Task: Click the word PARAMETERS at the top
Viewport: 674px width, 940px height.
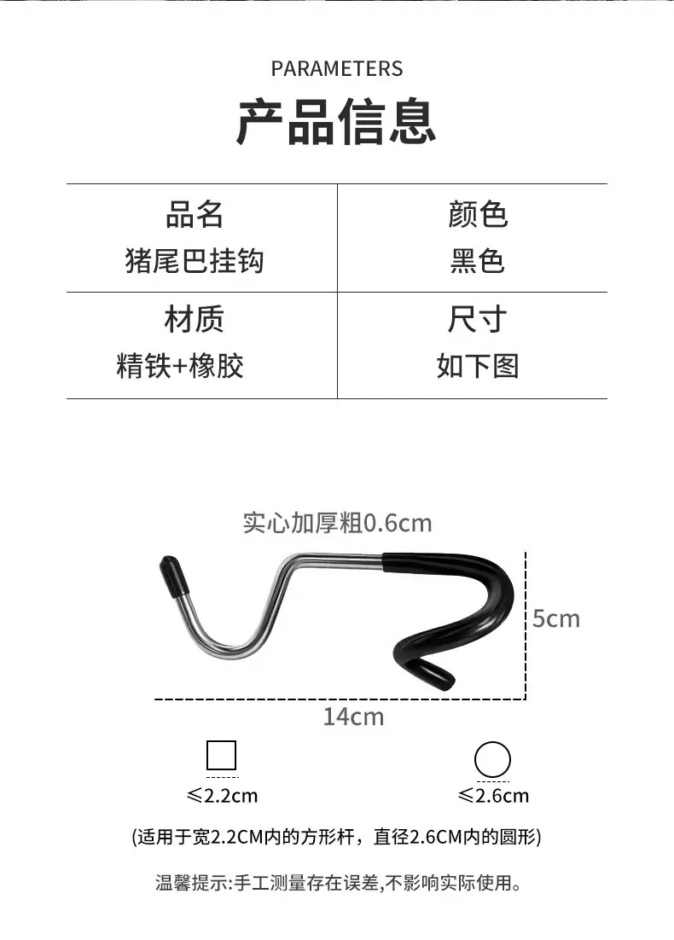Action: coord(337,69)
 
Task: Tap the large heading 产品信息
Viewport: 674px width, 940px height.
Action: coord(336,122)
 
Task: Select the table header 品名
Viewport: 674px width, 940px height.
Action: coord(195,215)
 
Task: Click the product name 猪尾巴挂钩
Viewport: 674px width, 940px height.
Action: coord(195,261)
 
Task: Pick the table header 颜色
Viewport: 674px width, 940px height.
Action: coord(478,215)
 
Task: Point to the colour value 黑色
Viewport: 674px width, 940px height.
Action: coord(478,261)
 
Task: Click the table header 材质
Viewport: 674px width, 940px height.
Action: coord(195,319)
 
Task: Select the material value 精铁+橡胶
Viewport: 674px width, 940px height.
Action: coord(180,366)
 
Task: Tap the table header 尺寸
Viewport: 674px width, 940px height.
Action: coord(478,319)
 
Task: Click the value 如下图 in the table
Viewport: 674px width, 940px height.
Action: coord(478,366)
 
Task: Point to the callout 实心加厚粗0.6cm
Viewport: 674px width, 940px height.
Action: coord(337,524)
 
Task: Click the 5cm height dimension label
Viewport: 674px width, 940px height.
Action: coord(556,618)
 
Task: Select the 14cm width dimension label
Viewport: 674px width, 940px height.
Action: coord(354,717)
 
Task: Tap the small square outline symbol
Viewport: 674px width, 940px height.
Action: coord(221,756)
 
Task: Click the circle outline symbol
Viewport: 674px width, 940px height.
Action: coord(492,759)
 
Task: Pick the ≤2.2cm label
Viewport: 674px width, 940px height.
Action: coord(222,796)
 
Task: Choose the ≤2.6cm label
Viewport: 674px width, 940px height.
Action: coord(493,796)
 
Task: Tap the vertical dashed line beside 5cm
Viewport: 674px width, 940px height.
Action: coord(526,625)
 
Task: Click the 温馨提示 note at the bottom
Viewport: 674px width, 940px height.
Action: coord(339,883)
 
